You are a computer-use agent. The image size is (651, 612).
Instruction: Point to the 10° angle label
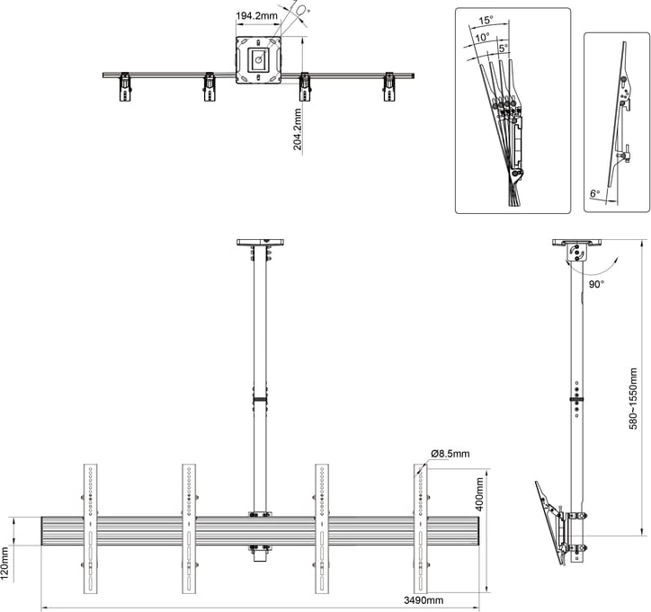coord(484,38)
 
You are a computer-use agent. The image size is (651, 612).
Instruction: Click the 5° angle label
coord(503,47)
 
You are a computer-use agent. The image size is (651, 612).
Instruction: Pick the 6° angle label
coord(594,193)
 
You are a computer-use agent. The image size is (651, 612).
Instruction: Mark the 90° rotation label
coord(595,283)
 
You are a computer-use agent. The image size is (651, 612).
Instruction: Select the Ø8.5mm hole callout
coord(450,454)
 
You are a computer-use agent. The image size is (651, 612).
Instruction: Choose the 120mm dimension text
coord(7,563)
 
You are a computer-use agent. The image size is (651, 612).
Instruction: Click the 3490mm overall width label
coord(422,600)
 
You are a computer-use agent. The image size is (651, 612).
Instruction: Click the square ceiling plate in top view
coord(258,60)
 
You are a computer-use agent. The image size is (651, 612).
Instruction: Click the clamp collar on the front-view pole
coord(260,400)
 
